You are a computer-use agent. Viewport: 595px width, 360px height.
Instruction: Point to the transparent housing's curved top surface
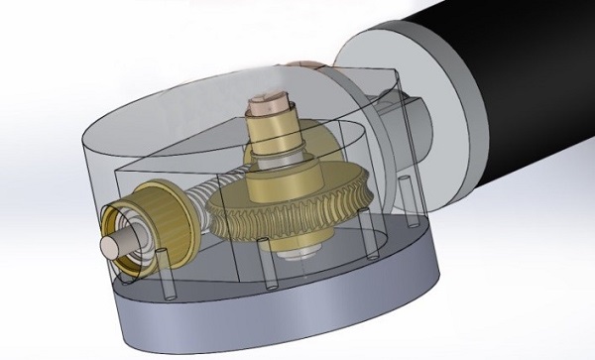coord(178,109)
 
